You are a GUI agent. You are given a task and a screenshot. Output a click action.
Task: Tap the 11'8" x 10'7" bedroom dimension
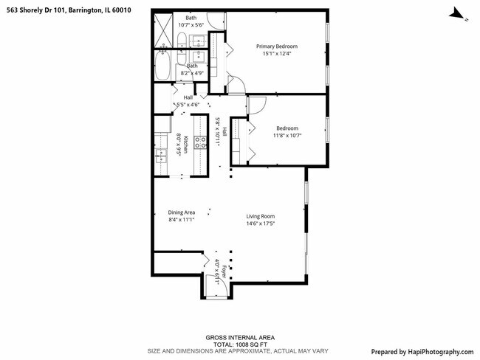[x=268, y=135]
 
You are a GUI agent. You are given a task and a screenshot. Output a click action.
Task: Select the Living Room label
[x=261, y=216]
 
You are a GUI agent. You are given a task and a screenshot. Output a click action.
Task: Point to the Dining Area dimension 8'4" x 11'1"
[x=181, y=220]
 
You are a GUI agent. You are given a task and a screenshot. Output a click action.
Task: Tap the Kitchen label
[x=186, y=145]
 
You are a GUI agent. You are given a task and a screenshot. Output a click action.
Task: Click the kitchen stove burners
[x=200, y=143]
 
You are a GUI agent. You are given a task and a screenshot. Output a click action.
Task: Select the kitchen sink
[x=160, y=154]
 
